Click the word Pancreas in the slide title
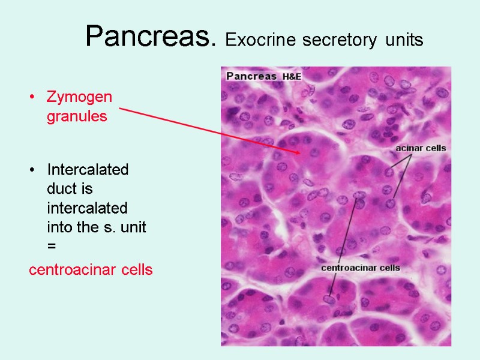[150, 37]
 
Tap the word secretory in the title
[329, 41]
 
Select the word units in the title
[404, 41]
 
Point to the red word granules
[77, 116]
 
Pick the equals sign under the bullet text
[51, 247]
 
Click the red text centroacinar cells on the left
[91, 270]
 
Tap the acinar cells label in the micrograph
[420, 148]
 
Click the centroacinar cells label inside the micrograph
[361, 268]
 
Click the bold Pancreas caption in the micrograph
[251, 76]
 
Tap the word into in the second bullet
[59, 228]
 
